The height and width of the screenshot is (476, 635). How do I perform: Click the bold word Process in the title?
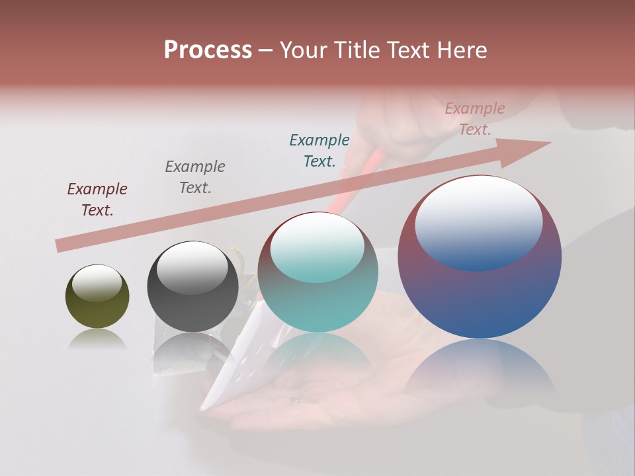[208, 50]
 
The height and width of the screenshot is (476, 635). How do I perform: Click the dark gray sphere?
[192, 307]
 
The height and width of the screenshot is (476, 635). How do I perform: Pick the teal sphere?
[317, 297]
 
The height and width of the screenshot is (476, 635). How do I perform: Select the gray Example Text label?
[195, 177]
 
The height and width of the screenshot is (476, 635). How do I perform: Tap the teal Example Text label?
[319, 151]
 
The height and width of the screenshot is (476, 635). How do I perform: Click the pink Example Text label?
[475, 119]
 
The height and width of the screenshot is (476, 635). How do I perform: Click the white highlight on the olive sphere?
[97, 283]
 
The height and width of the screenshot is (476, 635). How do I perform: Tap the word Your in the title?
[307, 50]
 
